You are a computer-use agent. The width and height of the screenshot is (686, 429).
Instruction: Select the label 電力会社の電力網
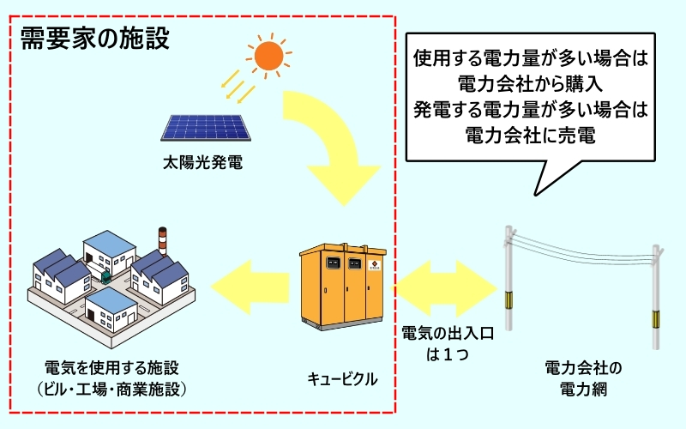click(582, 377)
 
